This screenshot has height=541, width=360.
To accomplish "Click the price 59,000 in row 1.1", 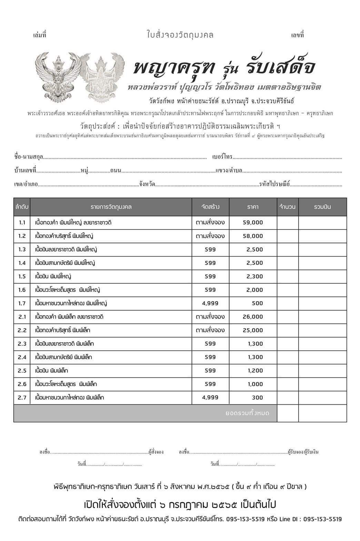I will pyautogui.click(x=252, y=223).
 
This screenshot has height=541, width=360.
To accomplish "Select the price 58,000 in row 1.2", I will pyautogui.click(x=252, y=236).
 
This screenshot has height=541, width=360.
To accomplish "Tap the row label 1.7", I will pyautogui.click(x=22, y=303).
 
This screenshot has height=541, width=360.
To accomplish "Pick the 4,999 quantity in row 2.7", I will pyautogui.click(x=210, y=397).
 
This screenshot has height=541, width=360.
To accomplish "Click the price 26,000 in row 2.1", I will pyautogui.click(x=252, y=317).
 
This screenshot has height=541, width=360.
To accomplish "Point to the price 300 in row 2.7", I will pyautogui.click(x=257, y=397).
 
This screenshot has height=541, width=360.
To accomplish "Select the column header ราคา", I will pyautogui.click(x=253, y=207).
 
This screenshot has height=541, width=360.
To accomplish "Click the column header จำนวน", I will pyautogui.click(x=288, y=207).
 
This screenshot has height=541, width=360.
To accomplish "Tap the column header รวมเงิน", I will pyautogui.click(x=322, y=207).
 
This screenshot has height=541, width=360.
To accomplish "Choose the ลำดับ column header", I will pyautogui.click(x=22, y=207).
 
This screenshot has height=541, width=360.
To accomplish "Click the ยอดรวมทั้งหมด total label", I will pyautogui.click(x=247, y=413).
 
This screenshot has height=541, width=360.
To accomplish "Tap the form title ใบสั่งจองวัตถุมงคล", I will pyautogui.click(x=180, y=35).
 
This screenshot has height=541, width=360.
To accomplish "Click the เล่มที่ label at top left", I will pyautogui.click(x=39, y=35).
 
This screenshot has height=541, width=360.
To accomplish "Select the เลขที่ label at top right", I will pyautogui.click(x=297, y=35).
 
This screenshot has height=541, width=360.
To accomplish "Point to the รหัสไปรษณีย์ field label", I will pyautogui.click(x=275, y=184).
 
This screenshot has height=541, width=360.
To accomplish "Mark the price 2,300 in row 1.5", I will pyautogui.click(x=254, y=276).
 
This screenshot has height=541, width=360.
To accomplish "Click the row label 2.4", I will pyautogui.click(x=22, y=357).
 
